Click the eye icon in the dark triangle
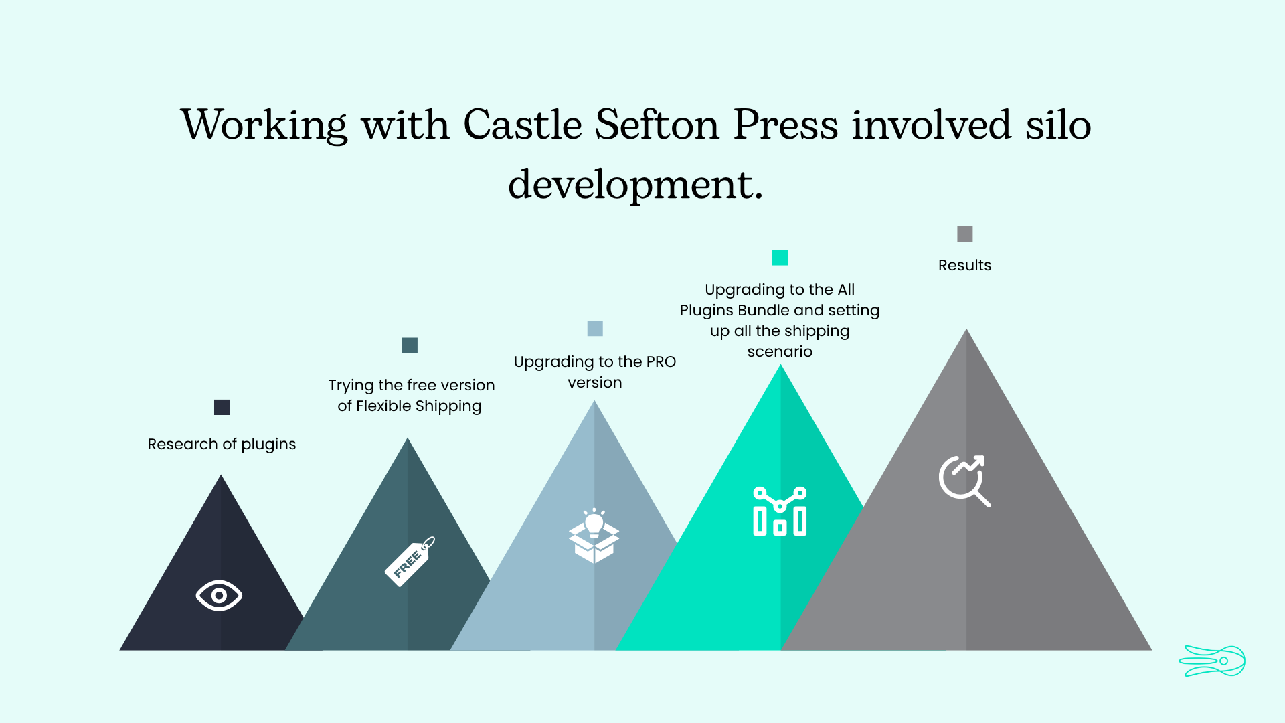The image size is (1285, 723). tap(219, 595)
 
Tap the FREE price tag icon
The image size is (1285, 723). tap(410, 561)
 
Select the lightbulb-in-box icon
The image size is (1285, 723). tap(594, 536)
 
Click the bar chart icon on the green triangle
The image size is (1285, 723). tap(780, 511)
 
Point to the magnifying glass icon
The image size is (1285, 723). tap(964, 481)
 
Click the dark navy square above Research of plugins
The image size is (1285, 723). tap(222, 407)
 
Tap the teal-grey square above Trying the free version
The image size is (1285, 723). tap(410, 345)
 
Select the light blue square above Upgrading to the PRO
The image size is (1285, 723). tap(595, 328)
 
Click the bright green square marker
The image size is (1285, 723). tap(780, 258)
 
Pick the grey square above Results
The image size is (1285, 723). tap(964, 234)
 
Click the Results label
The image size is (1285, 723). tap(964, 265)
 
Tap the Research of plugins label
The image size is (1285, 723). tap(222, 445)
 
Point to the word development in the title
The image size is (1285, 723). tap(635, 184)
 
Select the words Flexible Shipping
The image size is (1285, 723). tap(418, 406)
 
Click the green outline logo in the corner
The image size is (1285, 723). tap(1212, 661)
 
